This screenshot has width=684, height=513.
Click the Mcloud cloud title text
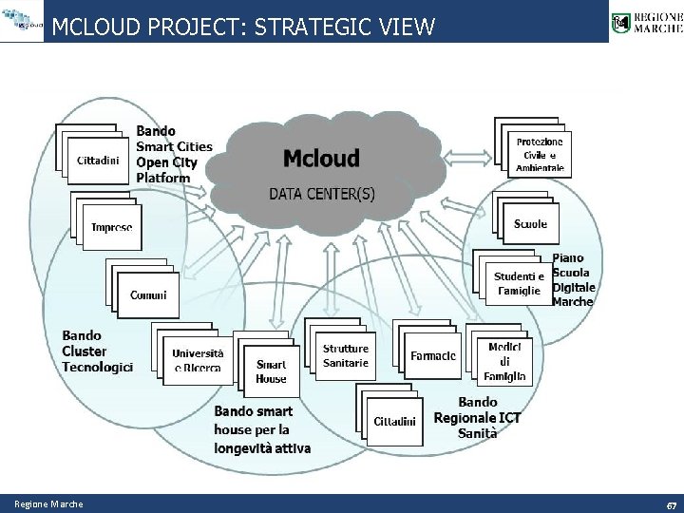(321, 158)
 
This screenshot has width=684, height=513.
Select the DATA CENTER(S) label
(321, 194)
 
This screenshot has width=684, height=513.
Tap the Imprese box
(112, 228)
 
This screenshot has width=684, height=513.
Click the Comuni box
(148, 295)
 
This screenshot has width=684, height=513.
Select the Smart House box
(271, 371)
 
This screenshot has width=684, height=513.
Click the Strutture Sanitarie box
(345, 355)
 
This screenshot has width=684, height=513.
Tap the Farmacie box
(433, 356)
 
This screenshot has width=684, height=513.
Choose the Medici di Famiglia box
(504, 362)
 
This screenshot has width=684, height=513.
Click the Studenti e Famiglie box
(518, 283)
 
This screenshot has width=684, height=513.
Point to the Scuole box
(530, 224)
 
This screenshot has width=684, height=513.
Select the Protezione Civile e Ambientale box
(540, 155)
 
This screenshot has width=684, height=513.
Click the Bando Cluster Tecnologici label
(98, 351)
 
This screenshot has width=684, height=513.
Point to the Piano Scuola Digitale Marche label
(574, 279)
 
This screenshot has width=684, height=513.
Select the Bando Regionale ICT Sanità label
(477, 418)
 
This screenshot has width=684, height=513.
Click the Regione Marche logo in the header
(646, 21)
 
